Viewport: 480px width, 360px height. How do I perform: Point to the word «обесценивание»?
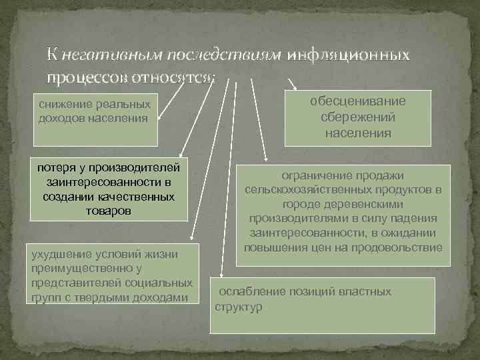point(358,101)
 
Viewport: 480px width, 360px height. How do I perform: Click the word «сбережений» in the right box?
point(358,117)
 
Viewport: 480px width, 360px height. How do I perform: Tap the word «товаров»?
point(109,211)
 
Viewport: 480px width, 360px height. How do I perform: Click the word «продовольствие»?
point(399,248)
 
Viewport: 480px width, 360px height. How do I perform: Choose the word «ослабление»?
point(252,291)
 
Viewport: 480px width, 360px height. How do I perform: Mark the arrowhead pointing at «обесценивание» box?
point(295,89)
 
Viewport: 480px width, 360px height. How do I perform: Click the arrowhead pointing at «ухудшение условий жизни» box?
point(191,235)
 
